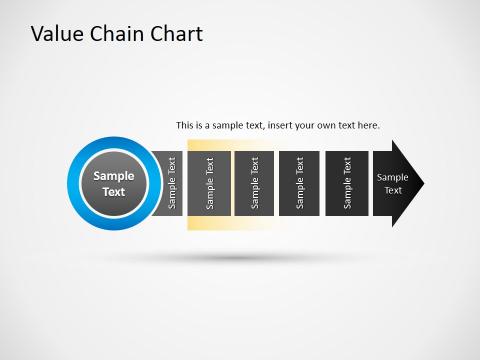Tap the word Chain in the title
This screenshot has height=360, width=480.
point(115,34)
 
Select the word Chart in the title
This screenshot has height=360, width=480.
point(176,34)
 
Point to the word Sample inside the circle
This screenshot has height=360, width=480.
point(113,175)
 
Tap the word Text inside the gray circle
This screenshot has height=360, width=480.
point(113,191)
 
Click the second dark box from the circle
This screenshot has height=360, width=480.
point(209,183)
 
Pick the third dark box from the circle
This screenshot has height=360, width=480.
point(254,183)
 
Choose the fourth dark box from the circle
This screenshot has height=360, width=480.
point(299,183)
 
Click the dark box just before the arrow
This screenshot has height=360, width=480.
point(346,183)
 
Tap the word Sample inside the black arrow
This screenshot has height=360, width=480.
point(393,176)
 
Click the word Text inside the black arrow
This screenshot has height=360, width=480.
point(393,190)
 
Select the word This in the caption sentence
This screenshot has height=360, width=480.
point(185,126)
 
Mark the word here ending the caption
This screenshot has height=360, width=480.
point(368,126)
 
